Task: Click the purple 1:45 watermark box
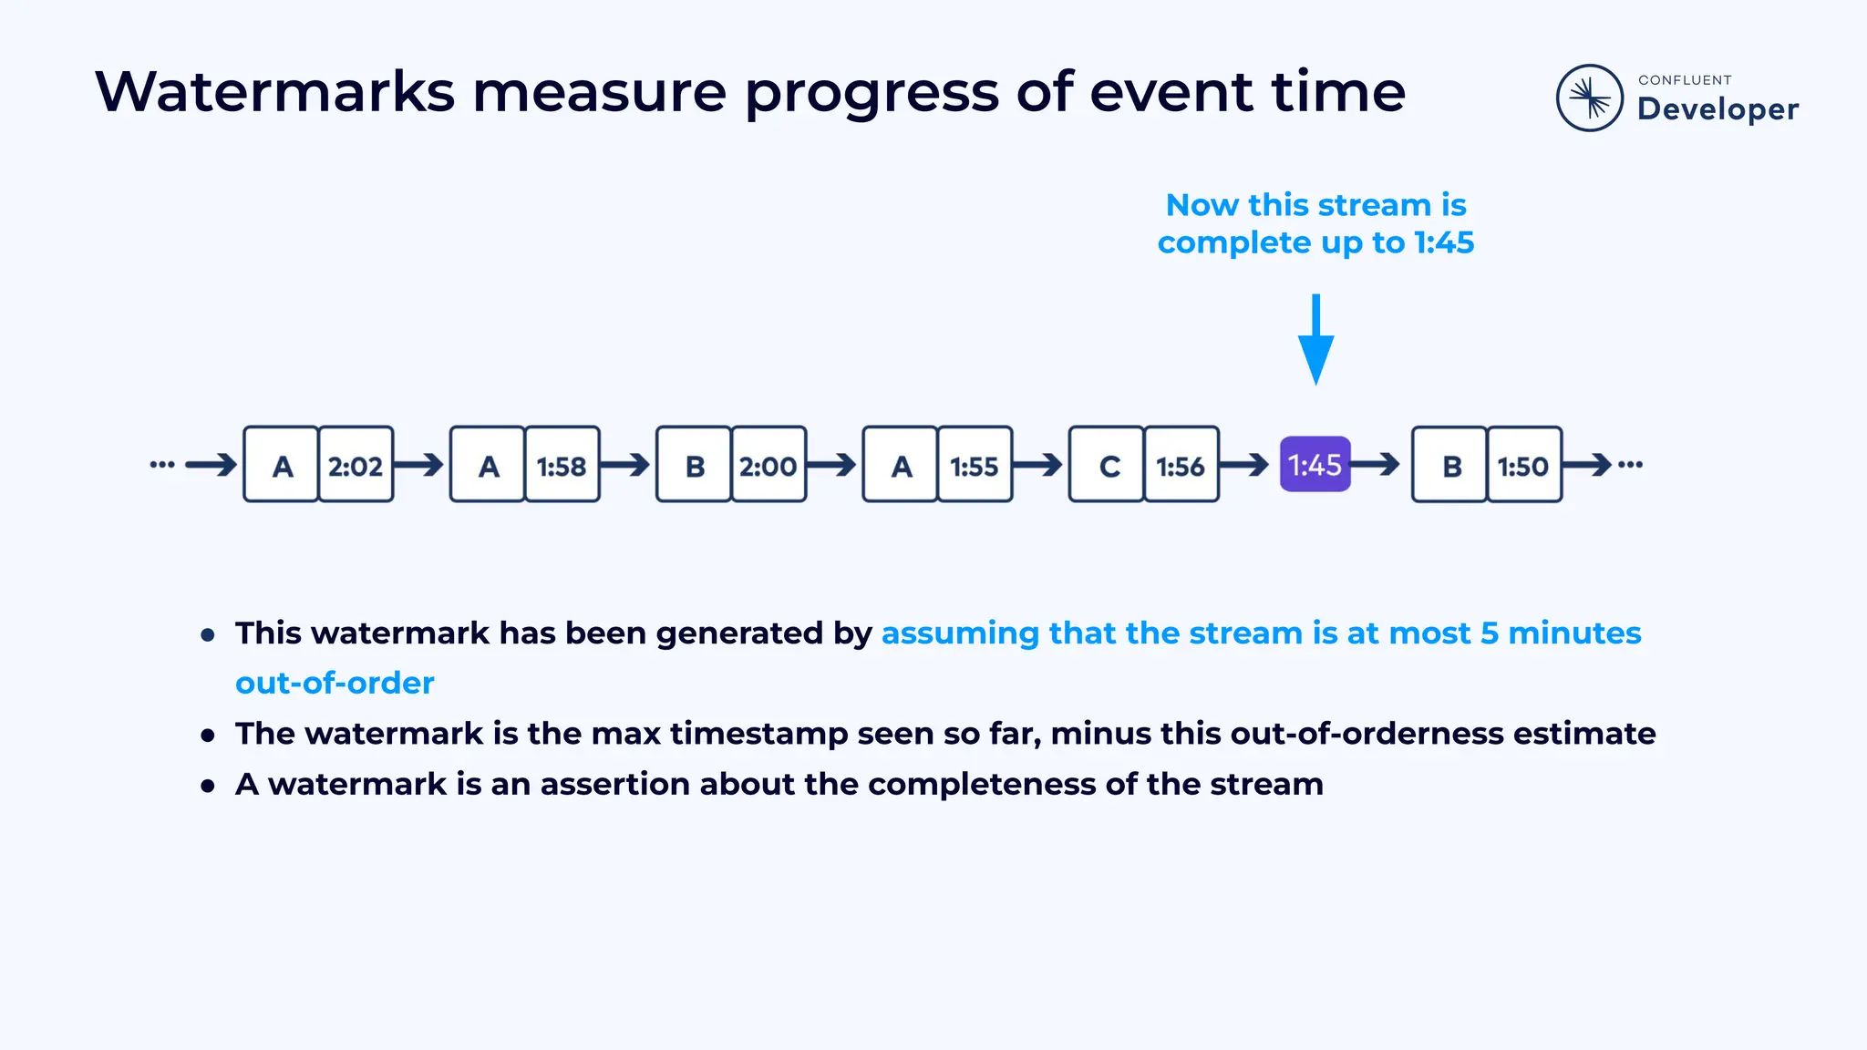pos(1315,465)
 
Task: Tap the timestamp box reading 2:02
pos(356,465)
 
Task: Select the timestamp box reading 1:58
pos(562,465)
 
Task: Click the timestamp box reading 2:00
pos(768,465)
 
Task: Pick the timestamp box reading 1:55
pos(975,465)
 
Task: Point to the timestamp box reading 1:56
pos(1181,465)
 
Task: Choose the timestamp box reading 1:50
pos(1523,465)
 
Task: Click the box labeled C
pos(1108,465)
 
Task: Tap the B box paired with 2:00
pos(695,465)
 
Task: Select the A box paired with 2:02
pos(283,465)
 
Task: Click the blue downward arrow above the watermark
pos(1315,342)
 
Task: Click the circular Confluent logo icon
pos(1589,98)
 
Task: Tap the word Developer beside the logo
pos(1717,109)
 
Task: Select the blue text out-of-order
pos(335,683)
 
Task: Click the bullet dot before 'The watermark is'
pos(208,735)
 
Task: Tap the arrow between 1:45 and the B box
pos(1377,465)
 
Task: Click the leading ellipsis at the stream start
pos(162,465)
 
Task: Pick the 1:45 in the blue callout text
pos(1443,242)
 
